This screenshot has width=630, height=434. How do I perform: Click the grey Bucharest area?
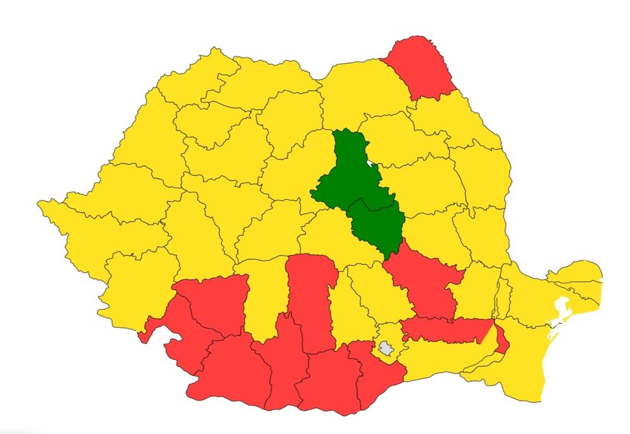(x=386, y=348)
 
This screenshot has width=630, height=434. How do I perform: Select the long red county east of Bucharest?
(x=441, y=330)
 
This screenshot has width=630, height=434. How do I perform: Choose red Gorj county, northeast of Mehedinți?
(x=214, y=300)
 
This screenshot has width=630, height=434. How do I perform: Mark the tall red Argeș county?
(x=310, y=296)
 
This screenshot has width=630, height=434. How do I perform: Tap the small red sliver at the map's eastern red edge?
(x=502, y=339)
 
